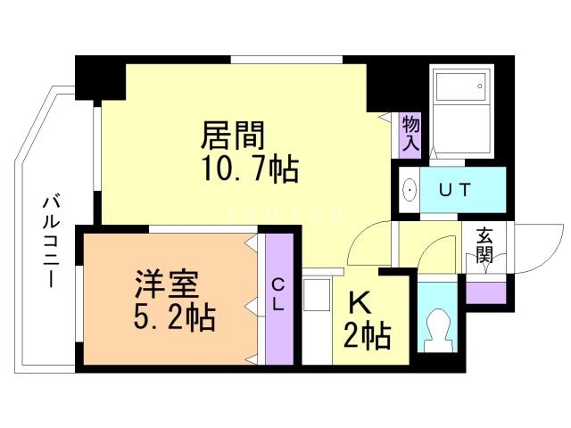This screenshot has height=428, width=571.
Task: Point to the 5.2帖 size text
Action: (x=170, y=318)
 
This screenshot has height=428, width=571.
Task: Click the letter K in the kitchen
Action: (x=360, y=302)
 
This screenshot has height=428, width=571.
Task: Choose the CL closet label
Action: (x=278, y=293)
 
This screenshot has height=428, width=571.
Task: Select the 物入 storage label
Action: (x=410, y=132)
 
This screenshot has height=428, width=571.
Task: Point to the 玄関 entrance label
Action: (x=484, y=244)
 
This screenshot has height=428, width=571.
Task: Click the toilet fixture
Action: (x=437, y=326)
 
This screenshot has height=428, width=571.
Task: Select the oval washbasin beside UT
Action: (x=410, y=190)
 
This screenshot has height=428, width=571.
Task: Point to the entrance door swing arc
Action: (x=534, y=250)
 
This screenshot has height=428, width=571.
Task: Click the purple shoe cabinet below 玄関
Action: (x=484, y=290)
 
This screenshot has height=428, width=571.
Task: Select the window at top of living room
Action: (x=286, y=60)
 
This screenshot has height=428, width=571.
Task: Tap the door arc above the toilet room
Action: (x=437, y=253)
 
